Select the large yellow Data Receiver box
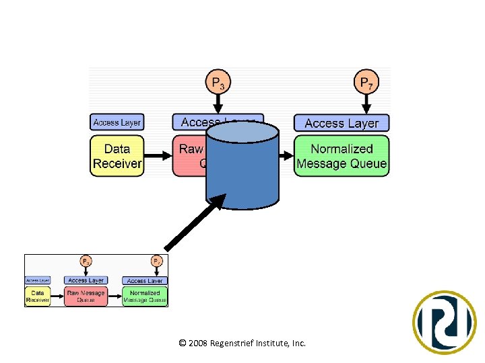pyautogui.click(x=117, y=156)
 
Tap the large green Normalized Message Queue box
pyautogui.click(x=342, y=156)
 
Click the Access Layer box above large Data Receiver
pyautogui.click(x=117, y=122)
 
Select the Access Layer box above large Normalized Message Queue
pyautogui.click(x=342, y=123)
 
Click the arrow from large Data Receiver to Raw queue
pyautogui.click(x=158, y=156)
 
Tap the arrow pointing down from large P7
pyautogui.click(x=366, y=104)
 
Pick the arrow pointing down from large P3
pyautogui.click(x=218, y=104)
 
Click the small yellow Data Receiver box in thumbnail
pyautogui.click(x=38, y=296)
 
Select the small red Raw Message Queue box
pyautogui.click(x=86, y=296)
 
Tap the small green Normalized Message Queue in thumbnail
pyautogui.click(x=145, y=296)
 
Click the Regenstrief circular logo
pyautogui.click(x=444, y=323)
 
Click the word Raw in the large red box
pyautogui.click(x=191, y=149)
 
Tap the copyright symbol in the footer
pyautogui.click(x=183, y=344)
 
